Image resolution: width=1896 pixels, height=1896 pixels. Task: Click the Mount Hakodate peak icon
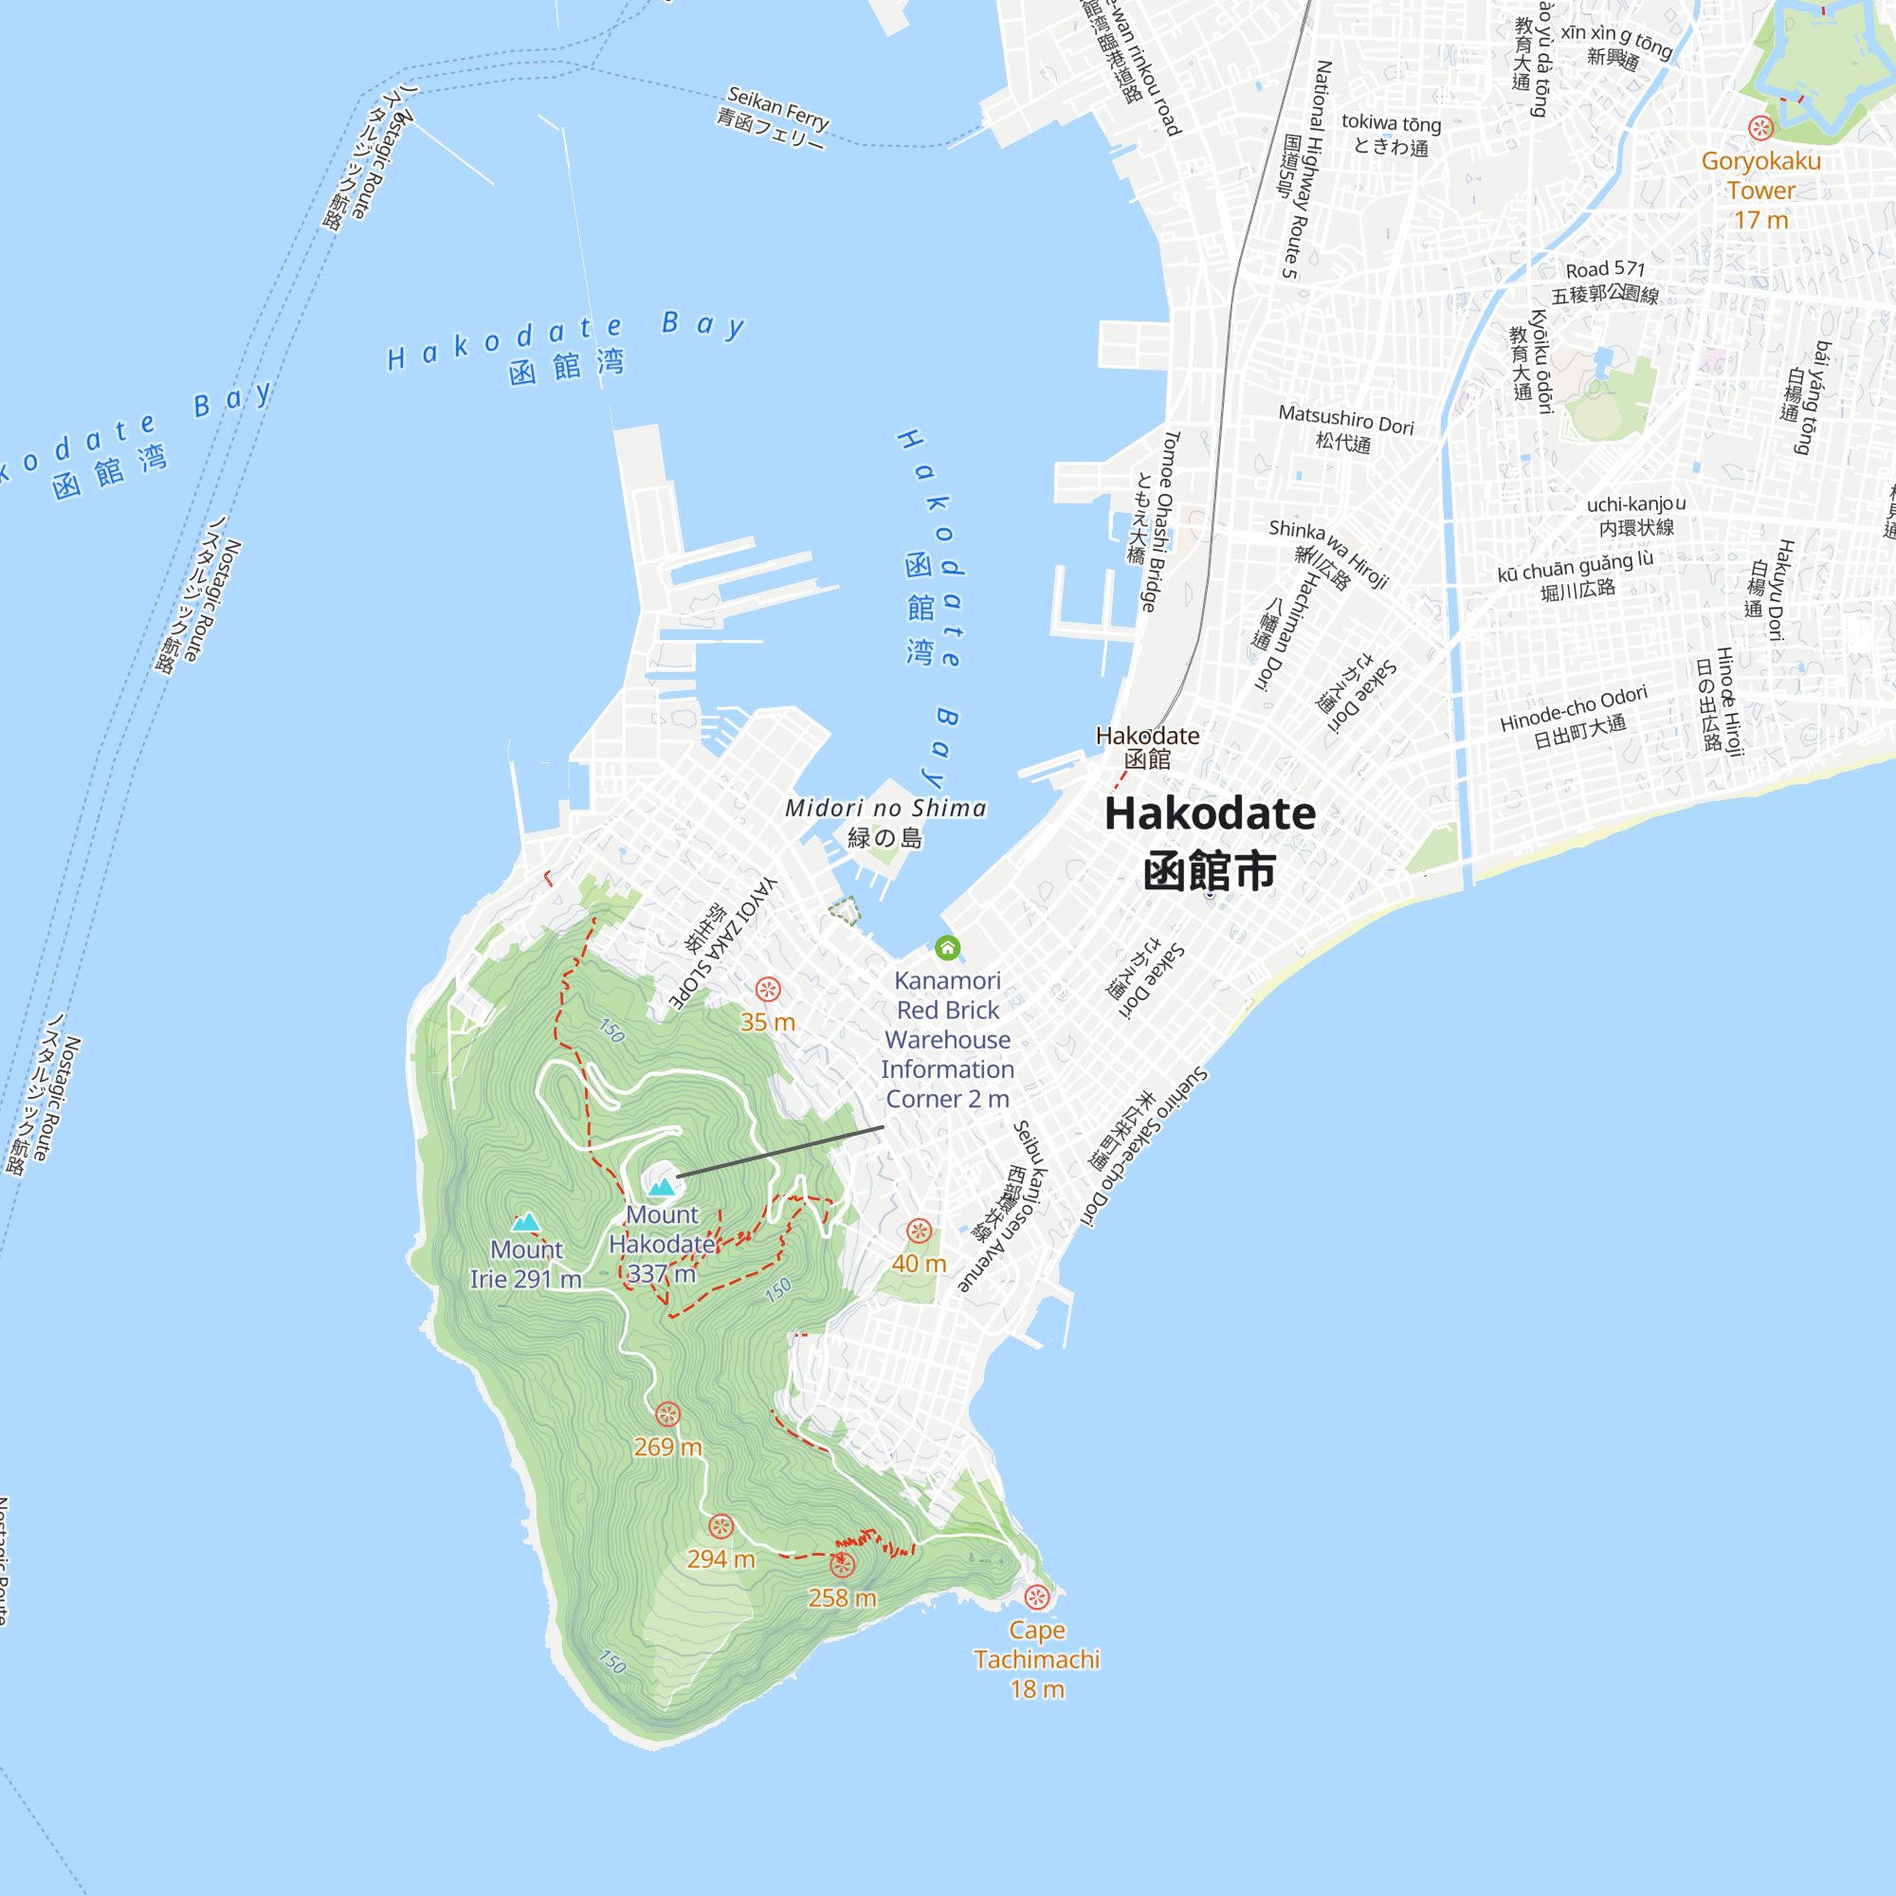tap(662, 1188)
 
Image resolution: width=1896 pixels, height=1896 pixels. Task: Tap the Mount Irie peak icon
tap(526, 1222)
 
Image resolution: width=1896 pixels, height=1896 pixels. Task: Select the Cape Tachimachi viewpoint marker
tap(1036, 1597)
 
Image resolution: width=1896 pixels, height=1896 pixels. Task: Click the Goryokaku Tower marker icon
tap(1760, 128)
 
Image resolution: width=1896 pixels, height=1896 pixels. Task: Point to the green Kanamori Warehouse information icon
tap(947, 948)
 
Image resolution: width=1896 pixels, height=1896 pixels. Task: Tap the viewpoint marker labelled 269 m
tap(667, 1414)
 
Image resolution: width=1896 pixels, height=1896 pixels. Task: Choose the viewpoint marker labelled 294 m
tap(721, 1526)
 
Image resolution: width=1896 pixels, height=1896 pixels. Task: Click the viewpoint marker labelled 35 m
tap(768, 989)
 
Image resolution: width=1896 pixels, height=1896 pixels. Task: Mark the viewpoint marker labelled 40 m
tap(919, 1231)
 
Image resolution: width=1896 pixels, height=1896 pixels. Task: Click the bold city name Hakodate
tap(1210, 814)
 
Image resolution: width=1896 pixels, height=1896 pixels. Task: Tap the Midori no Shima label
tap(885, 809)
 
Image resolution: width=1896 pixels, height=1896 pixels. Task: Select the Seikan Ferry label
tap(777, 108)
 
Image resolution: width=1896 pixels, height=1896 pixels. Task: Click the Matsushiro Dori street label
tap(1345, 420)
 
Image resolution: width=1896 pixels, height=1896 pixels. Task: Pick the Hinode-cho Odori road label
tap(1573, 708)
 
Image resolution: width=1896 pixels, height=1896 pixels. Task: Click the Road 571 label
tap(1605, 269)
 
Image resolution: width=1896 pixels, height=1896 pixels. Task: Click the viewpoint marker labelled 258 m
tap(842, 1564)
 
